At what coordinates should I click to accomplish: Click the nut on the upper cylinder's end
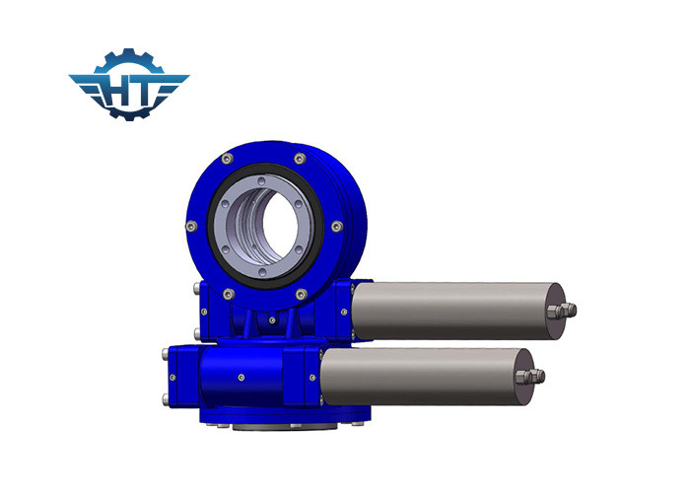point(566,311)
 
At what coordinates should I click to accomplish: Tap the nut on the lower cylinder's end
point(534,376)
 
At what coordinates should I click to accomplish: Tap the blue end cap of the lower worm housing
point(178,376)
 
